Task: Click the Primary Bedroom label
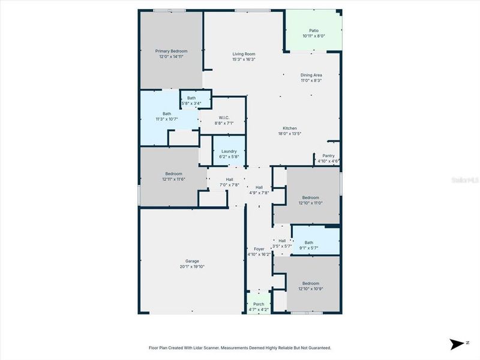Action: [171, 51]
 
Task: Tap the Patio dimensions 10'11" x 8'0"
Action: [313, 36]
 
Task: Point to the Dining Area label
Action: [311, 75]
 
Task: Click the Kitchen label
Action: [290, 128]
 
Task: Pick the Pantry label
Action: [328, 155]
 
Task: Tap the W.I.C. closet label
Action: [223, 118]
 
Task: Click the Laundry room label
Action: [229, 151]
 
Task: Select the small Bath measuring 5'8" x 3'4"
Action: [191, 98]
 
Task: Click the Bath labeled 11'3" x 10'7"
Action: [167, 114]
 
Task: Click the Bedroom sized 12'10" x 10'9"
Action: [310, 283]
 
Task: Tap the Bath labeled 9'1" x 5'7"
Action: [308, 242]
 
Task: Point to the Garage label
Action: [192, 261]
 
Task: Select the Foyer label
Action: [259, 248]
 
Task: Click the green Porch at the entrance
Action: [259, 304]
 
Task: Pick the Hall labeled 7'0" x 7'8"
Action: [229, 179]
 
